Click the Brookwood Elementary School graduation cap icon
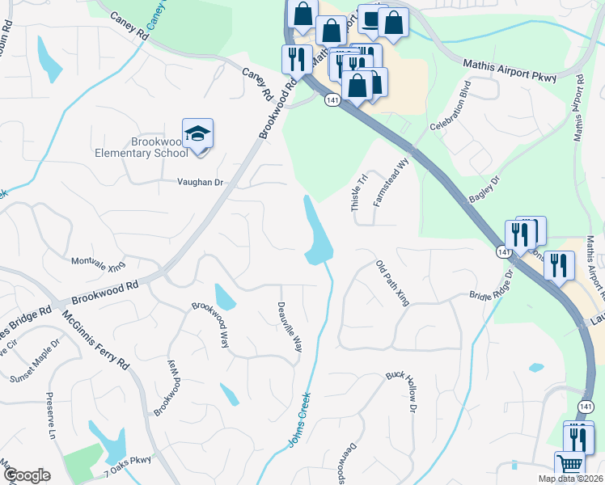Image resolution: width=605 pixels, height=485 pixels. (197, 134)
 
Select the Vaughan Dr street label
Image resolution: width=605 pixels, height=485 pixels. (200, 183)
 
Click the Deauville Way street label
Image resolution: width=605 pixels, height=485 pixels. (290, 326)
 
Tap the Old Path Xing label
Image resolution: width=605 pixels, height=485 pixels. (393, 283)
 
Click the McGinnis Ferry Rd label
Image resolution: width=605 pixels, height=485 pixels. (96, 342)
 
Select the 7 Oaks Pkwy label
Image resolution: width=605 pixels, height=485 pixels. (128, 461)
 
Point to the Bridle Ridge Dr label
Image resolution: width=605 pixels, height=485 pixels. (492, 285)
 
